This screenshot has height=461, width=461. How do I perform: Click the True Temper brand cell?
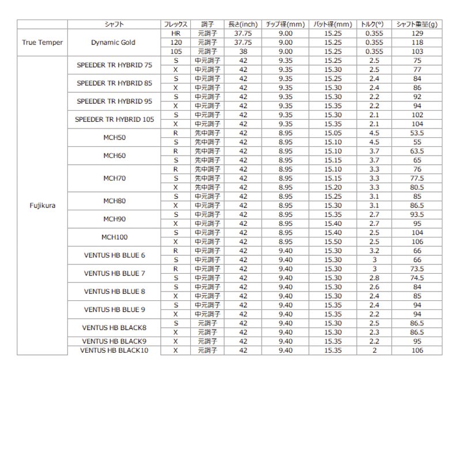click(x=42, y=42)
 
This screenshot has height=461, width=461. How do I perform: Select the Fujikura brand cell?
click(x=42, y=204)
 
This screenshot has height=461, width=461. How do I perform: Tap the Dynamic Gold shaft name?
click(x=114, y=42)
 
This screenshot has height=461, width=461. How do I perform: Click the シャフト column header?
click(x=114, y=24)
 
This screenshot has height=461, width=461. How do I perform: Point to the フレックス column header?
click(x=175, y=24)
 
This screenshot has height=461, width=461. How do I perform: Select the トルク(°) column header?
click(x=373, y=24)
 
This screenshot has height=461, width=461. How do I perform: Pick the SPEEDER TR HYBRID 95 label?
click(x=114, y=101)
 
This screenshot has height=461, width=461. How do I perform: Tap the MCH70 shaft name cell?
click(x=114, y=178)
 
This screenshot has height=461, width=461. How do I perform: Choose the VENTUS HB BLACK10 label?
click(x=114, y=349)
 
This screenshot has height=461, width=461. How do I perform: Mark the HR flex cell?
click(x=175, y=34)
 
